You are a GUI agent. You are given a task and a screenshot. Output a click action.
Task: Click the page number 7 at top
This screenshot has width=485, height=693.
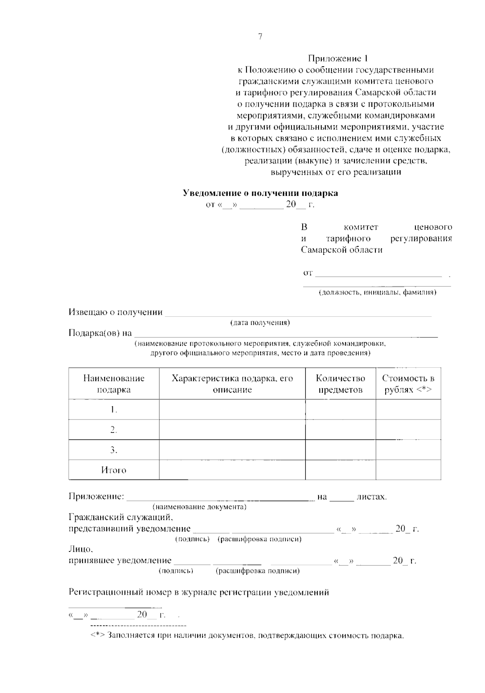click(260, 37)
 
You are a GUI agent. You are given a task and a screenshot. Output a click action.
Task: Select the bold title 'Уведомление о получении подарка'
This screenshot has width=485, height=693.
click(261, 193)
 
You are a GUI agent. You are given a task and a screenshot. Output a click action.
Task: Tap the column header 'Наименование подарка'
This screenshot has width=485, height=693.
click(114, 384)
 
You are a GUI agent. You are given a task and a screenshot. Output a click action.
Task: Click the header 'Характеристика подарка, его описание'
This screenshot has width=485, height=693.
click(232, 384)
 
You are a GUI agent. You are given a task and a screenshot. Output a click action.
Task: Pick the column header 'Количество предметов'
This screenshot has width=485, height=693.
click(340, 384)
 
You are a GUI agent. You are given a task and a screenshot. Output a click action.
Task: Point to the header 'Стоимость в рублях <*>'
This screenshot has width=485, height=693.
click(408, 384)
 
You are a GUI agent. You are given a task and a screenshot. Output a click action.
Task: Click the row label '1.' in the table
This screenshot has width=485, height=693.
click(114, 410)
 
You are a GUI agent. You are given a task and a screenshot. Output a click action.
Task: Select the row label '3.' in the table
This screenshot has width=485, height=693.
click(114, 450)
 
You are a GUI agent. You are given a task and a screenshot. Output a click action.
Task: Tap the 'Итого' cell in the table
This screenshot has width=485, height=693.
click(114, 470)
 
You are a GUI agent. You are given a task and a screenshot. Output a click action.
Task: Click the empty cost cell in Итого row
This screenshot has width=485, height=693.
click(408, 470)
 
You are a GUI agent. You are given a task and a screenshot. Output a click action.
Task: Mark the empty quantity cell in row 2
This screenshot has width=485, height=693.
click(340, 430)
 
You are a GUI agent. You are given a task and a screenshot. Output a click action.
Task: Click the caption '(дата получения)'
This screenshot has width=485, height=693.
click(260, 323)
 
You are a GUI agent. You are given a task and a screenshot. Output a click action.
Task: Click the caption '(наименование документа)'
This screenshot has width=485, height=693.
click(199, 507)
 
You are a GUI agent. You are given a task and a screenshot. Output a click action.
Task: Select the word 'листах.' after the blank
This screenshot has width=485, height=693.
click(371, 497)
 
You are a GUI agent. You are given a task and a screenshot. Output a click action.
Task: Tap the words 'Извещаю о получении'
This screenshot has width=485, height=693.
click(116, 312)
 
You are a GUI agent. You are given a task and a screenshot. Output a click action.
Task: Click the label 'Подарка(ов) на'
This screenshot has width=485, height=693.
click(100, 333)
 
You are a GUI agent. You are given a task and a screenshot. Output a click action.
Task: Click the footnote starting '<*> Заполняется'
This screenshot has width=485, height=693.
click(247, 636)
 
